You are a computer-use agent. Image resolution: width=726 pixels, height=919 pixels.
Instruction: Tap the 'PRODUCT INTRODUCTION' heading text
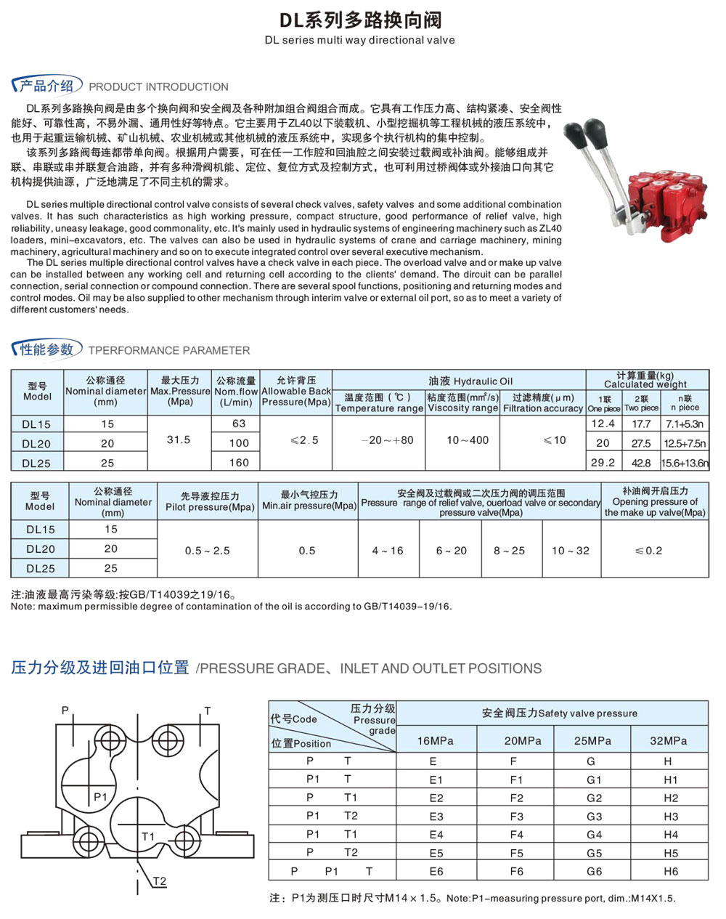point(158,86)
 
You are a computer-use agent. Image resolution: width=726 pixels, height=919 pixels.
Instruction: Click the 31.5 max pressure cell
point(179,440)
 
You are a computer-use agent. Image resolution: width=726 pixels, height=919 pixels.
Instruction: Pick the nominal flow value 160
point(239,462)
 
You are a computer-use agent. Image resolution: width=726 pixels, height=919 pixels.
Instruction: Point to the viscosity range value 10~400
point(468,440)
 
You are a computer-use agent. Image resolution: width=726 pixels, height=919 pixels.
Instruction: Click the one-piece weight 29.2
point(603,462)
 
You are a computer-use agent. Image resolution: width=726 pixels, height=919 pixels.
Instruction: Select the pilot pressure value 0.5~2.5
point(207,551)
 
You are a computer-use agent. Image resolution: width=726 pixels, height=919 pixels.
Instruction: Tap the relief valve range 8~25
point(509,551)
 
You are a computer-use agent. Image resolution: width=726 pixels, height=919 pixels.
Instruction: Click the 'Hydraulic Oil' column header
point(470,381)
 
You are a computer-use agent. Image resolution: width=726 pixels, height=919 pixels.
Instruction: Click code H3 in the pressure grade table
point(670,817)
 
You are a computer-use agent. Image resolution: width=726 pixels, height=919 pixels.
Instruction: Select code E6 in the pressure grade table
point(436,872)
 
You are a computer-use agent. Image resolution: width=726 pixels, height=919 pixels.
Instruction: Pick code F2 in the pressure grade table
point(516,798)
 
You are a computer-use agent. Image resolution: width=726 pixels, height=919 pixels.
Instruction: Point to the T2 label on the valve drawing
point(160,881)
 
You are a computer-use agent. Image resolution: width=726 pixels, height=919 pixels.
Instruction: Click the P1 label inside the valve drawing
point(100,797)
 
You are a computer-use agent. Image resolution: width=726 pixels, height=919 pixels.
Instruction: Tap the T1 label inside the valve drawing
point(148,836)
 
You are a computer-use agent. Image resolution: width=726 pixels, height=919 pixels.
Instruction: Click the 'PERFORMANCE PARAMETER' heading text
point(168,350)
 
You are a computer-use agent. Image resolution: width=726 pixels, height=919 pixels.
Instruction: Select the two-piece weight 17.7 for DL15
point(641,424)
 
